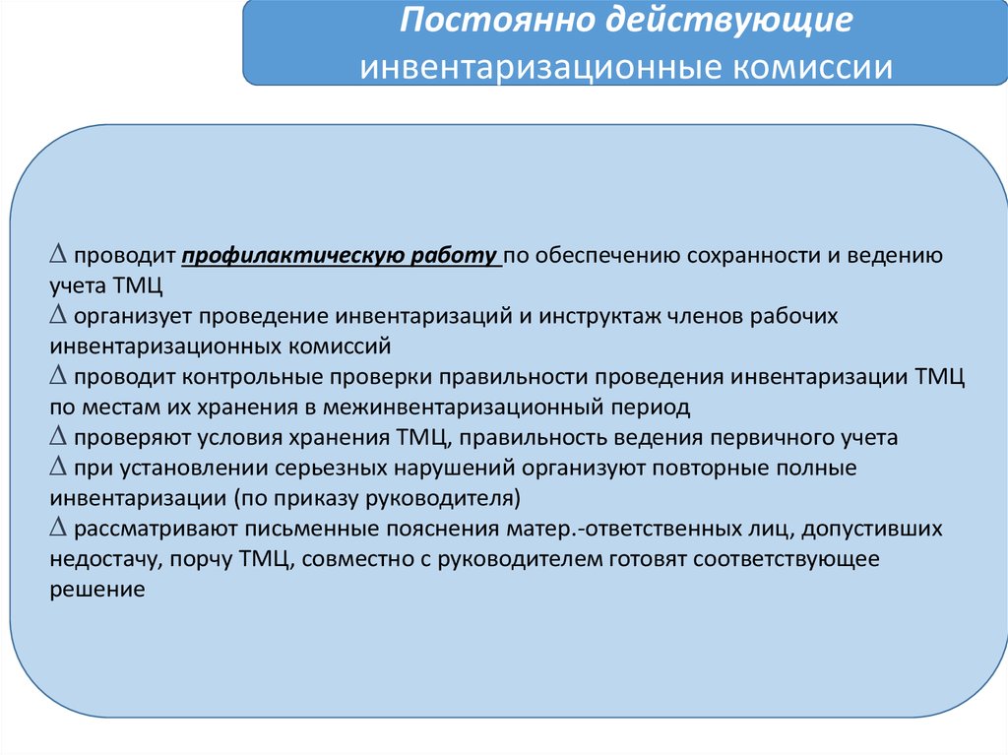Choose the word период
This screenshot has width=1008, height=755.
[x=651, y=408]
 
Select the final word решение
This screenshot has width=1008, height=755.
[x=97, y=590]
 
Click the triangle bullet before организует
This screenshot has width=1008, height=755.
[x=58, y=314]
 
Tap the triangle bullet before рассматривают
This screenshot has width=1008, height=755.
[x=58, y=528]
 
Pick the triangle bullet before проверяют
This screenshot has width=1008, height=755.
[x=58, y=436]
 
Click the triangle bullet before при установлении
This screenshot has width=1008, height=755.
[x=58, y=467]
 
